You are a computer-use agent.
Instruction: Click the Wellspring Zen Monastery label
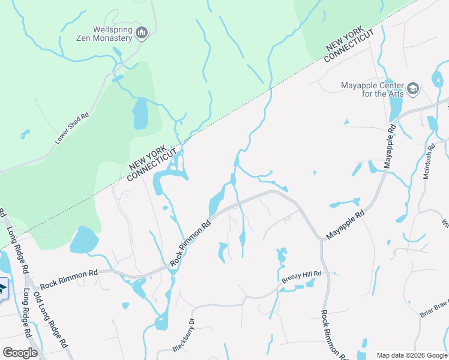[x=112, y=33]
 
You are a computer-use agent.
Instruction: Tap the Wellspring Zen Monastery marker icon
[x=142, y=32]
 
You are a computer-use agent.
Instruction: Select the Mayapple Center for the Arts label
[x=372, y=89]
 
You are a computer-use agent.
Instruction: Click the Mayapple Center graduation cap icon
[x=412, y=89]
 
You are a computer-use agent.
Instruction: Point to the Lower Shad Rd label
[x=72, y=128]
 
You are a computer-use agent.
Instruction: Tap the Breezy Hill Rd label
[x=302, y=277]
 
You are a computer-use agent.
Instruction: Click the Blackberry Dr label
[x=184, y=335]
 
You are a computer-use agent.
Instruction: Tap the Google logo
[x=20, y=352]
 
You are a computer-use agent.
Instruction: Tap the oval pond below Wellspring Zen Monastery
[x=139, y=114]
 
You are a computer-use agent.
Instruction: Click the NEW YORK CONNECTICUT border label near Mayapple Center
[x=349, y=46]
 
